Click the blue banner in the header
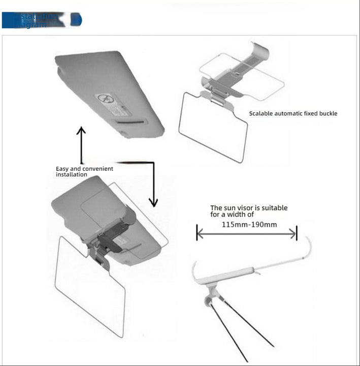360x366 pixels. [41, 20]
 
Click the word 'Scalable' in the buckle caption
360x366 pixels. [261, 113]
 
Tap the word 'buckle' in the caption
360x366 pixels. [328, 113]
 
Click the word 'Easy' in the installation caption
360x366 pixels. [62, 168]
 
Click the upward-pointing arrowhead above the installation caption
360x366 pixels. [81, 131]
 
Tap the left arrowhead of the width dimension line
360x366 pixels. [200, 233]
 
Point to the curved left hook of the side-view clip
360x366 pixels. [195, 272]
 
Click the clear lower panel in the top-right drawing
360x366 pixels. [213, 127]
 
